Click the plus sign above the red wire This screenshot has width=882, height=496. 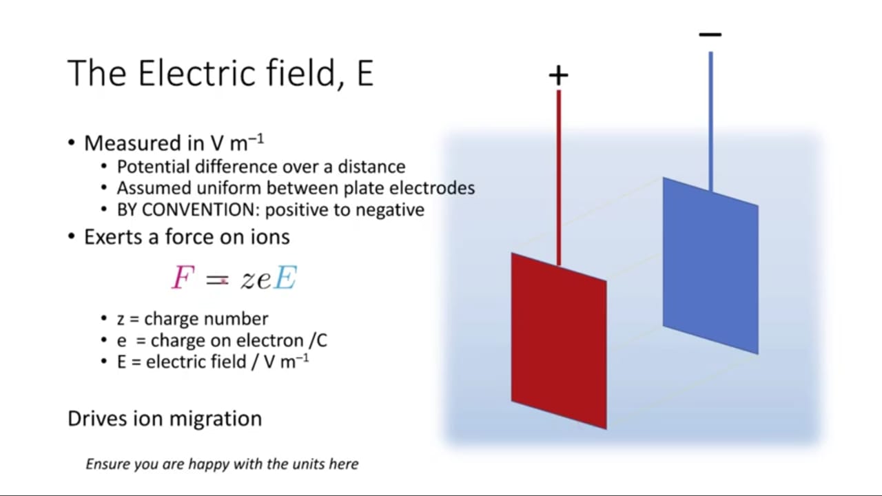click(558, 75)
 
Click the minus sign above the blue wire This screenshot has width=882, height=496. click(710, 34)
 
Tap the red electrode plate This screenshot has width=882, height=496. click(559, 341)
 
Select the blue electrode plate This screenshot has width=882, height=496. click(710, 266)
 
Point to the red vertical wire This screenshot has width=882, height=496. click(559, 178)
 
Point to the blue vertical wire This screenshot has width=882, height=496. click(710, 122)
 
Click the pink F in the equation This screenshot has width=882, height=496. click(183, 278)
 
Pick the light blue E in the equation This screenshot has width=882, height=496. click(285, 278)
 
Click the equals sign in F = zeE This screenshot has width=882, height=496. click(217, 280)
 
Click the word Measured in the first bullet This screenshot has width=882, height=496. click(134, 143)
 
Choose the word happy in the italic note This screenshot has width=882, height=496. click(209, 464)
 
